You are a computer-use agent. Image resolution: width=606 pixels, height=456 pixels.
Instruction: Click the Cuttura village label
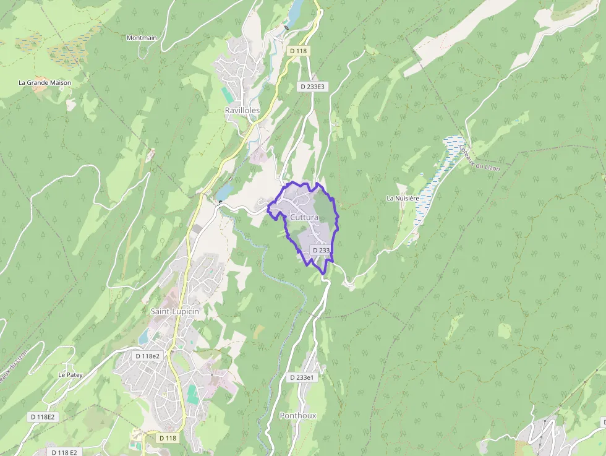point(304,218)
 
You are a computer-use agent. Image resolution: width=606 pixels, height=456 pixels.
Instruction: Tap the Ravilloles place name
point(242,110)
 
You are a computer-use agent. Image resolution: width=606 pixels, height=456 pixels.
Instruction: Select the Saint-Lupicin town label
point(175,311)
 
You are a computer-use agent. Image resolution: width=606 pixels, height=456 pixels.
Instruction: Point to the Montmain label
point(142,38)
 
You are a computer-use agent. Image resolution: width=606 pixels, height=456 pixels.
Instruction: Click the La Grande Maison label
point(45,82)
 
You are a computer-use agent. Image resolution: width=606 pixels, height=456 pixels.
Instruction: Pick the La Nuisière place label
point(403,198)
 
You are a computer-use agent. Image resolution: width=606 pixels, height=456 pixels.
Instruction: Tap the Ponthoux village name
point(298,416)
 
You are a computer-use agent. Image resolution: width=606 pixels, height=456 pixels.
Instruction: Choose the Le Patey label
point(70,374)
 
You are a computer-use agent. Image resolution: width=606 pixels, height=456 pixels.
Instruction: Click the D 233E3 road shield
point(312,87)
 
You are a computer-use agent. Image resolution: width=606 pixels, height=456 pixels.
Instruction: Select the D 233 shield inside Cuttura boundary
point(322,250)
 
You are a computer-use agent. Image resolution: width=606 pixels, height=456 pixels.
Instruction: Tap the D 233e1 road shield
point(302,377)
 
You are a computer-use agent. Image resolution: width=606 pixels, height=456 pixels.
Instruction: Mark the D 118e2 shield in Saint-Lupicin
point(148,356)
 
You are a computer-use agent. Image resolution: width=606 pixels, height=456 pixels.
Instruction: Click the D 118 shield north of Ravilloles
point(298,51)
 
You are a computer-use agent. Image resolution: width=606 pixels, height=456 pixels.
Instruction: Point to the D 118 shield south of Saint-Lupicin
point(167,438)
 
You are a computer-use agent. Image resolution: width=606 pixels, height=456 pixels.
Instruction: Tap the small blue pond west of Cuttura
point(223,192)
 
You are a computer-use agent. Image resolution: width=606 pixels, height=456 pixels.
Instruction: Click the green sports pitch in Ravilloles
point(228,95)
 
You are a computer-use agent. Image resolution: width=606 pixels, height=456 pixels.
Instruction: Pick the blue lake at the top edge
point(295,10)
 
